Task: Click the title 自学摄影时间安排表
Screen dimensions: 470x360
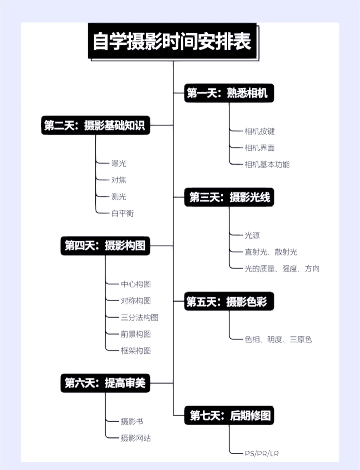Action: (173, 41)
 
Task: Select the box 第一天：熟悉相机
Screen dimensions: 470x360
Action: (229, 93)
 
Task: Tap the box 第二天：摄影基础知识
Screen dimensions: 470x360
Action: (95, 125)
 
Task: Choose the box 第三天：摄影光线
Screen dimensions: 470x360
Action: (229, 197)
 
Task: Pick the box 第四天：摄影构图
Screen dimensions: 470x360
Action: (105, 246)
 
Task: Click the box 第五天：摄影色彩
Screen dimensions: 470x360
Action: (229, 302)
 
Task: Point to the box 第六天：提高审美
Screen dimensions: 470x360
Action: (105, 383)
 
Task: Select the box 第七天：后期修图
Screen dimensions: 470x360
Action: (229, 416)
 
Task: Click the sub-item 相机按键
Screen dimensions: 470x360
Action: (260, 131)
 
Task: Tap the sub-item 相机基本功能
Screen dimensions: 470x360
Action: (267, 164)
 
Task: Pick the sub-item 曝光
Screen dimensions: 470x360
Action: (119, 163)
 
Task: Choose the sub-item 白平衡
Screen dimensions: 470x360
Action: (122, 213)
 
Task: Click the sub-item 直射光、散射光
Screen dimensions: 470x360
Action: (271, 252)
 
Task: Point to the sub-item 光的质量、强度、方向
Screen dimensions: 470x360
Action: (282, 269)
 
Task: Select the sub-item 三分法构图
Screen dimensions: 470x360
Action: (139, 318)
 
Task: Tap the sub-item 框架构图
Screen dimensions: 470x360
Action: (136, 351)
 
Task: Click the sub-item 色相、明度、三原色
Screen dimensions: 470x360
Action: (278, 340)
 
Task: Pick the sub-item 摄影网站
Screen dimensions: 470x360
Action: (136, 438)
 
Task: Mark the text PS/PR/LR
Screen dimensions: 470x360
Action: (262, 454)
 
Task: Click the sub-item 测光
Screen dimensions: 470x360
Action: (119, 197)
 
